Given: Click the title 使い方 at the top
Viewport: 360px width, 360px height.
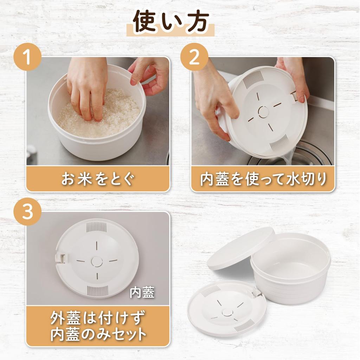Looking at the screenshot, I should click(x=171, y=22).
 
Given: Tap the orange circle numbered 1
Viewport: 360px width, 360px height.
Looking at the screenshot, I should click(x=28, y=57).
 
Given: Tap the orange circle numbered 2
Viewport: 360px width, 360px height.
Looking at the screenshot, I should click(x=194, y=57).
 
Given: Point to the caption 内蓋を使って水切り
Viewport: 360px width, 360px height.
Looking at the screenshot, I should click(x=263, y=179).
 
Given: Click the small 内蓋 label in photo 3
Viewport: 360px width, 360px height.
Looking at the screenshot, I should click(x=142, y=292).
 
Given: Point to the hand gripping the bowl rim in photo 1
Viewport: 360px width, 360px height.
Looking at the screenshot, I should click(x=149, y=74).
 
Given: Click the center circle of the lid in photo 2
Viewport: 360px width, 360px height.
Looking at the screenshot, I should click(x=263, y=112).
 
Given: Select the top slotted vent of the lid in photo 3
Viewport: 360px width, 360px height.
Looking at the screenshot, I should click(x=97, y=227).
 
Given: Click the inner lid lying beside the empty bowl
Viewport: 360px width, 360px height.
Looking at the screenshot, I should click(x=227, y=309).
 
